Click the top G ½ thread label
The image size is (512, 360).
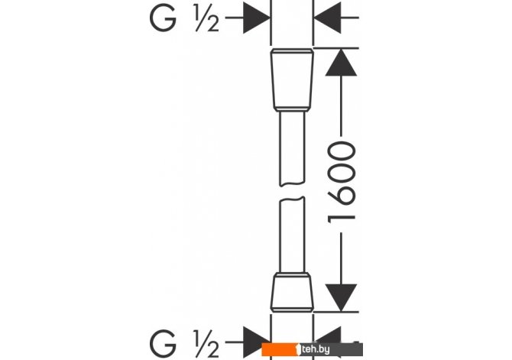[x=184, y=19]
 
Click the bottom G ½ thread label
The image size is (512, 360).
[x=184, y=344]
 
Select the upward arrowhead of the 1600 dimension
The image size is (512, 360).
[x=341, y=62]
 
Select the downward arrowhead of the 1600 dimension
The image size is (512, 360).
[x=341, y=297]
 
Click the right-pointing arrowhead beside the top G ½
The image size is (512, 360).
[x=257, y=18]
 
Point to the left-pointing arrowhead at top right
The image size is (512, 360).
[x=327, y=18]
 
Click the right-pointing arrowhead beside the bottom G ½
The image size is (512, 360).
[x=257, y=342]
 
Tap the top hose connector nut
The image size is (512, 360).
[x=292, y=80]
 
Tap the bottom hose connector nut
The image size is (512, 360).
[x=292, y=292]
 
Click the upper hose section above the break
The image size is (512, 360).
[x=292, y=148]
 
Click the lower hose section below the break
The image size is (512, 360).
[x=292, y=235]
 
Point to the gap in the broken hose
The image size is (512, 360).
[x=292, y=191]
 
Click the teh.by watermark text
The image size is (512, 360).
[x=316, y=349]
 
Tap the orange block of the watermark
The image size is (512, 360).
[x=280, y=349]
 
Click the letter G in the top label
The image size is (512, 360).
[x=163, y=19]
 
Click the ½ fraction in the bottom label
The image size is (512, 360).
[x=206, y=344]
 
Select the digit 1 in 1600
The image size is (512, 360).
[x=342, y=219]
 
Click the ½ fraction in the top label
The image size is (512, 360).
[x=206, y=19]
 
